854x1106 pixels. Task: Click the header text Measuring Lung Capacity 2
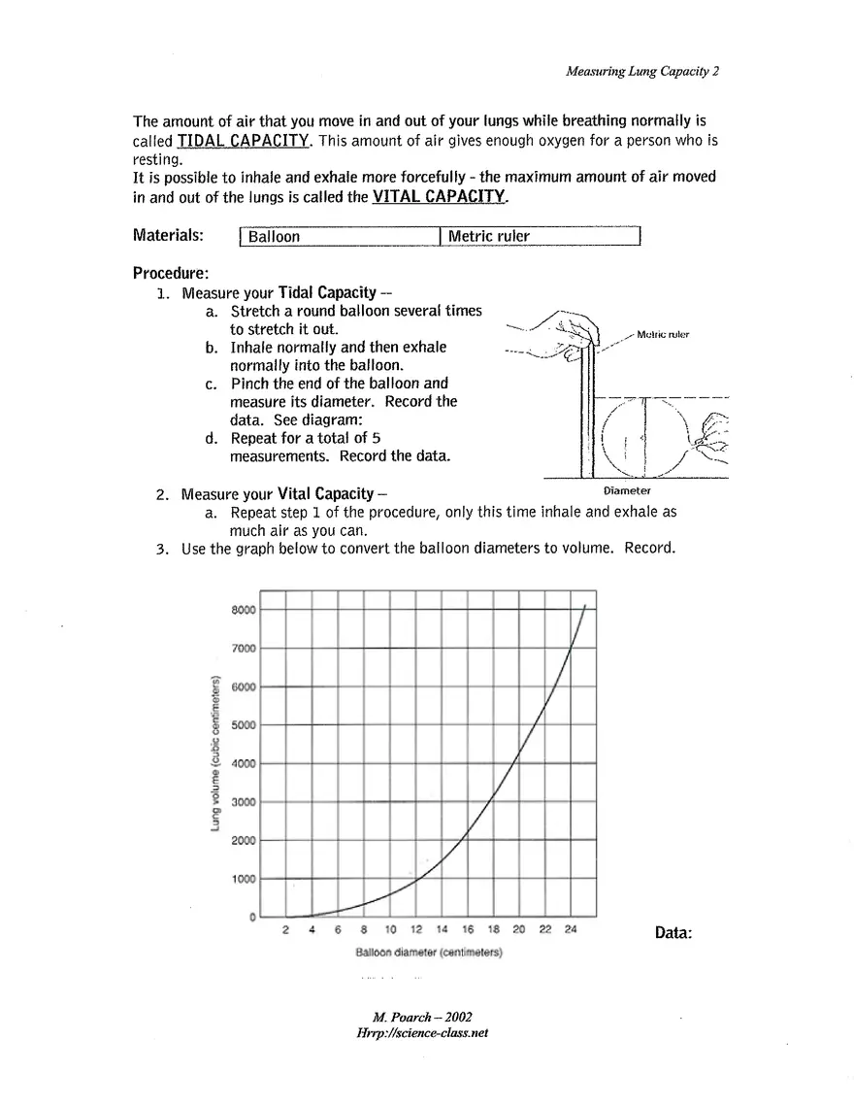pyautogui.click(x=641, y=71)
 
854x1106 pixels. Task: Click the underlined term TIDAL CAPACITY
pyautogui.click(x=244, y=141)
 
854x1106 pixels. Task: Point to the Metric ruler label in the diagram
pyautogui.click(x=663, y=334)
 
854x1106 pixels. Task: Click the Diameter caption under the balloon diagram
pyautogui.click(x=627, y=490)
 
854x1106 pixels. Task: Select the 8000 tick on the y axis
pyautogui.click(x=243, y=610)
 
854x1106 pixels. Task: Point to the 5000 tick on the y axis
pyautogui.click(x=243, y=724)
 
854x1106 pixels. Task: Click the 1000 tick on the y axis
pyautogui.click(x=243, y=879)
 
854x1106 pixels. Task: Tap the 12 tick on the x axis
pyautogui.click(x=416, y=929)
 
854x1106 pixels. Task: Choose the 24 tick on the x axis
pyautogui.click(x=571, y=929)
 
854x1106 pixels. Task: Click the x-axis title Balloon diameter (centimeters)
pyautogui.click(x=428, y=953)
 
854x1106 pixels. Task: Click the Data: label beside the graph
pyautogui.click(x=673, y=933)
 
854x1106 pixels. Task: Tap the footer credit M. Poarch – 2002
pyautogui.click(x=422, y=1017)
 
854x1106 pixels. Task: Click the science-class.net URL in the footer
pyautogui.click(x=422, y=1032)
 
